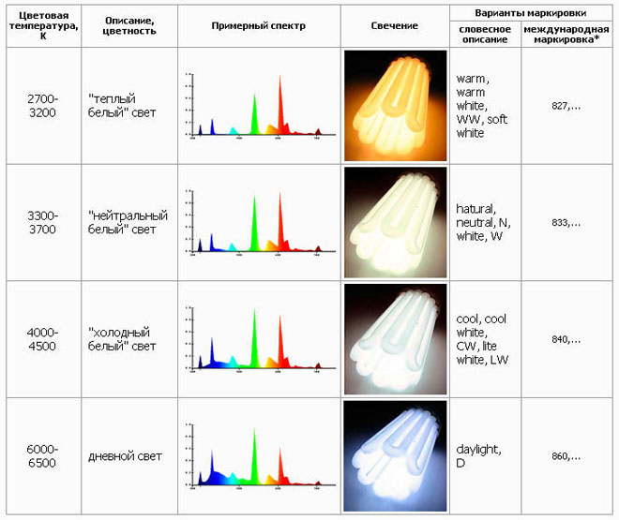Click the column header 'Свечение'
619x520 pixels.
[394, 25]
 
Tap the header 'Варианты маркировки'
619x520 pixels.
[532, 12]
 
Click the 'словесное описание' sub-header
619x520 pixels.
[485, 35]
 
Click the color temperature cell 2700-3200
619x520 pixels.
[43, 105]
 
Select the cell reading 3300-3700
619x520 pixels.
[43, 222]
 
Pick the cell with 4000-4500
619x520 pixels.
[43, 339]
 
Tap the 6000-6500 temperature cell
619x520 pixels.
[43, 456]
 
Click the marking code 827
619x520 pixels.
[566, 106]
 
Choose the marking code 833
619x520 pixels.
[566, 223]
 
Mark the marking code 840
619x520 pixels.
[566, 339]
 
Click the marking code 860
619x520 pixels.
[566, 456]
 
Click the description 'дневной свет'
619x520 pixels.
[125, 456]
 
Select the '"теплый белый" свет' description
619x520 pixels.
[125, 106]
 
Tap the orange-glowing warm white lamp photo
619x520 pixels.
[394, 105]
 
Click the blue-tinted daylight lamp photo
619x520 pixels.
[394, 456]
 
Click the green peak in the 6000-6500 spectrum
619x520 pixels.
[254, 459]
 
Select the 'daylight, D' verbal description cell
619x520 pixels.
[483, 456]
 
